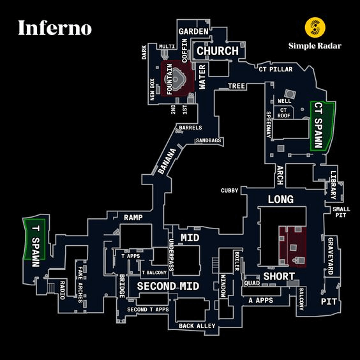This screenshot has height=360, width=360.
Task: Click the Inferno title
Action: pyautogui.click(x=55, y=28)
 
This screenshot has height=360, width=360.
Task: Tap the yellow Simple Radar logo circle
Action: pyautogui.click(x=315, y=27)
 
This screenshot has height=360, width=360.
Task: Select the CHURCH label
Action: pyautogui.click(x=218, y=50)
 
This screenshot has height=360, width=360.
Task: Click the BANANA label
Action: pyautogui.click(x=167, y=161)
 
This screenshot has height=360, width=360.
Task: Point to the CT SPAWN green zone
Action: pyautogui.click(x=322, y=126)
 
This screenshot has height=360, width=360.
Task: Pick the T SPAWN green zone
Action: pyautogui.click(x=35, y=239)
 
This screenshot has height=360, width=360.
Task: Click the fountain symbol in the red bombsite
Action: pyautogui.click(x=176, y=79)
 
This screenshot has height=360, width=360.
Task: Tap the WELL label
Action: pyautogui.click(x=285, y=101)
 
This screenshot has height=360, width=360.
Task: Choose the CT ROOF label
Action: pyautogui.click(x=284, y=113)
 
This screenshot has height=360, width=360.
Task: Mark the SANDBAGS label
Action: pyautogui.click(x=208, y=140)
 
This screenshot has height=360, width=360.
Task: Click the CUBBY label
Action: pyautogui.click(x=229, y=191)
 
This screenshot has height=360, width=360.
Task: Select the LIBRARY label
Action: pyautogui.click(x=333, y=185)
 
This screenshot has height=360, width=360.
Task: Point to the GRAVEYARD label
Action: pyautogui.click(x=331, y=256)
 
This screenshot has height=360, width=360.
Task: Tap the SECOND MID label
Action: pyautogui.click(x=168, y=286)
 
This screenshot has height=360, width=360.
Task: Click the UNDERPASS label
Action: pyautogui.click(x=171, y=255)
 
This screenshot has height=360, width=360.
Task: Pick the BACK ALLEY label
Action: pyautogui.click(x=197, y=326)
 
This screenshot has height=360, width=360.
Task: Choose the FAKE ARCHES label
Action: pyautogui.click(x=80, y=285)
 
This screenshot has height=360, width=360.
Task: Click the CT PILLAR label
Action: pyautogui.click(x=276, y=69)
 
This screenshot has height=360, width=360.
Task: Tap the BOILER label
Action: pyautogui.click(x=237, y=261)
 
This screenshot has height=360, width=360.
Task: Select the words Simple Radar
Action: pyautogui.click(x=315, y=46)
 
